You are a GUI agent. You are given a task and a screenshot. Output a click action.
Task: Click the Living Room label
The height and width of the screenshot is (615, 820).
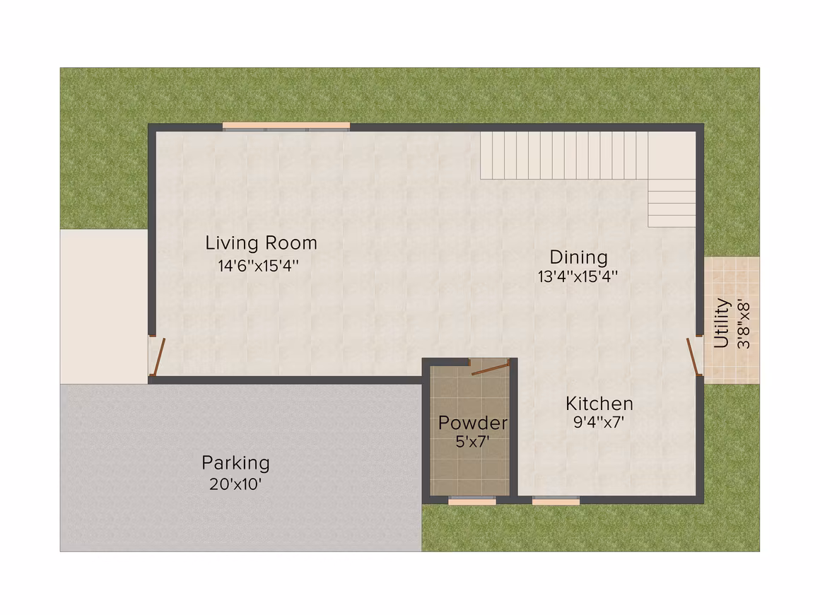coord(261,243)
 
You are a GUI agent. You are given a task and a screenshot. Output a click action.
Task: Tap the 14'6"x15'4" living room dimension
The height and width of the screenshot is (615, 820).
coord(258,266)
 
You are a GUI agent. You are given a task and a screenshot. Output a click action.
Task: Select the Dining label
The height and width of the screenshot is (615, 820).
coord(578,257)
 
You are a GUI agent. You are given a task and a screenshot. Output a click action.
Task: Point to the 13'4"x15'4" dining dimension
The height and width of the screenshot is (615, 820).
coord(578,276)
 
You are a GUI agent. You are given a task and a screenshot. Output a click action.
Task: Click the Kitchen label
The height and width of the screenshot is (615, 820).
coord(599,404)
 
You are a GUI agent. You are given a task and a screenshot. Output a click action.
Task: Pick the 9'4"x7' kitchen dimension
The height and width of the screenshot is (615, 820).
coord(599,422)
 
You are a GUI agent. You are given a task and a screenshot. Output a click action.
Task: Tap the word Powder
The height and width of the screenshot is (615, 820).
coord(473,423)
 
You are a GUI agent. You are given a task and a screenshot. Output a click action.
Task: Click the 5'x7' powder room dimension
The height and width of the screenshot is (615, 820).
coord(472,442)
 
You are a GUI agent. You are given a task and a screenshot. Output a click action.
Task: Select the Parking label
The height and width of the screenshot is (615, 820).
coord(236,463)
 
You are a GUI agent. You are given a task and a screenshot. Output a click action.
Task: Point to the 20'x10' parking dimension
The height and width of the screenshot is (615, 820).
coord(235,484)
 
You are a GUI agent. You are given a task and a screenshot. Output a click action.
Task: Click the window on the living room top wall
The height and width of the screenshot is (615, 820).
coord(286,126)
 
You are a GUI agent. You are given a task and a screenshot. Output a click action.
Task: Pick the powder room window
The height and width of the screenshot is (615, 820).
coord(472,501)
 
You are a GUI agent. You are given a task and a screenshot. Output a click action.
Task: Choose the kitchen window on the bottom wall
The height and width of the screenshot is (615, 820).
coord(556,501)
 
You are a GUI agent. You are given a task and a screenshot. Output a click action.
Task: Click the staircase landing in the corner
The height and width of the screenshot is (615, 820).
coord(672,156)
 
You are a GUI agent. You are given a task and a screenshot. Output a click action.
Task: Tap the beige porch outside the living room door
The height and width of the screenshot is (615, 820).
coord(104,307)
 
